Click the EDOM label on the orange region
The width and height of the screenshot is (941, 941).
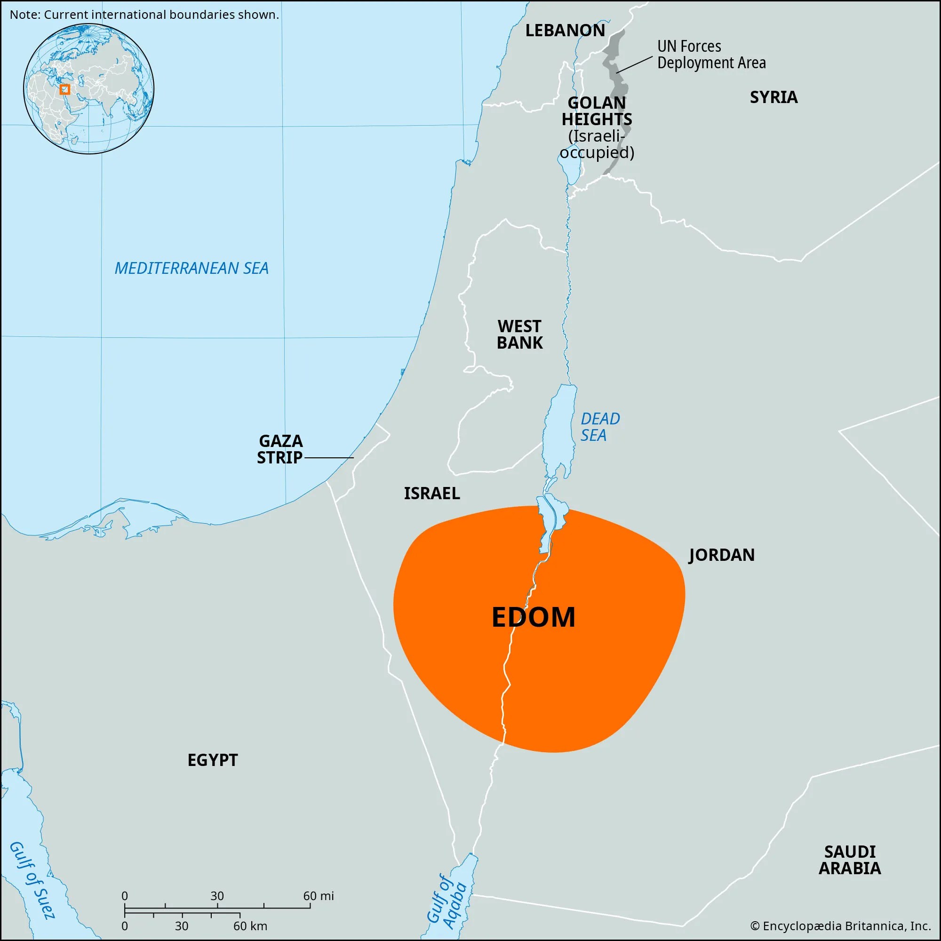534,617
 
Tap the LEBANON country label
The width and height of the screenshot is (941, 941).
565,31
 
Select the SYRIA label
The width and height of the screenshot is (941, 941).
774,97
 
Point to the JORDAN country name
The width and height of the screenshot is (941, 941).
721,555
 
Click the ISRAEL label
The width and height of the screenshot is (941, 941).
431,494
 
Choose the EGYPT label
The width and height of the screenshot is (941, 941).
212,760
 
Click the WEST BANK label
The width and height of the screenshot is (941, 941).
520,334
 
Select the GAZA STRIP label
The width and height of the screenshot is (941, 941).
280,449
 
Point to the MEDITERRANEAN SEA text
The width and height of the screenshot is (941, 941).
191,268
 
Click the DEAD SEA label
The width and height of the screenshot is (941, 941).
599,427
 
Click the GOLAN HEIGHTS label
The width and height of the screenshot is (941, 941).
597,111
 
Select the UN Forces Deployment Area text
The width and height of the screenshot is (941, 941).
711,55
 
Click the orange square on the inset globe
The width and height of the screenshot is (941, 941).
65,89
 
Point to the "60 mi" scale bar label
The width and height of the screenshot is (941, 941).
319,896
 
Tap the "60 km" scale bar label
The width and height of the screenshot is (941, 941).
250,926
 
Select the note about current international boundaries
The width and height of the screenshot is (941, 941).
144,15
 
